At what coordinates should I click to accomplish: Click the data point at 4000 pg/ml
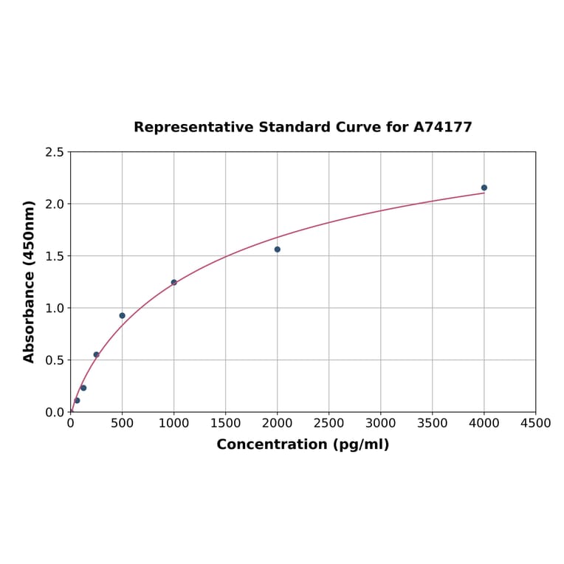click(484, 188)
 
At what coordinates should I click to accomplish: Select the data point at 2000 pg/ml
click(278, 250)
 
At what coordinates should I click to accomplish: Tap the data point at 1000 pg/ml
click(174, 282)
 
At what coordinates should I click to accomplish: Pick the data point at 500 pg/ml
click(123, 315)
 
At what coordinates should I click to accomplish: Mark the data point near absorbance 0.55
click(96, 354)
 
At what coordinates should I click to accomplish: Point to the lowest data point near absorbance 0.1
click(77, 400)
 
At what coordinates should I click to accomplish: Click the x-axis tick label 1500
click(225, 423)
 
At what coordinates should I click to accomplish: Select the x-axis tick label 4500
click(535, 423)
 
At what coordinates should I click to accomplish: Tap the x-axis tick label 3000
click(380, 423)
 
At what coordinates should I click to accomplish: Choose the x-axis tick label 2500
click(329, 423)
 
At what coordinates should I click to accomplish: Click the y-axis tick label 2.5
click(55, 152)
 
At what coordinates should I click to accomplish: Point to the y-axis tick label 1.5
click(55, 256)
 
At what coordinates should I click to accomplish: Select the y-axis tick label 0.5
click(55, 360)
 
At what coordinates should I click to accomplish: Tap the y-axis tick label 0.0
click(55, 412)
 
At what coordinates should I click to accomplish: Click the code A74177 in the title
click(442, 127)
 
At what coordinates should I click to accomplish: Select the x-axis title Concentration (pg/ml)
click(303, 444)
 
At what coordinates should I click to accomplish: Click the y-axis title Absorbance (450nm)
click(30, 281)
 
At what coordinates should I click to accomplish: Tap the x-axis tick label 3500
click(432, 423)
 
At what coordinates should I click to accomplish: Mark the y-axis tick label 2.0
click(55, 204)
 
